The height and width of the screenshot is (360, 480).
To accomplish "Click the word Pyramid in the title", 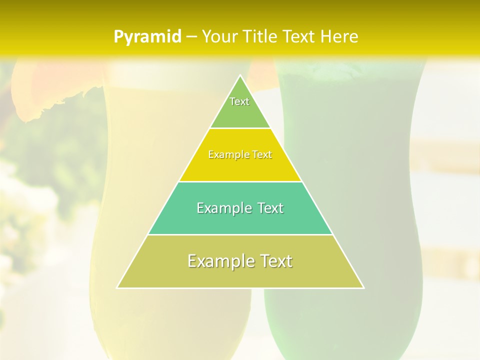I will pos(147,37).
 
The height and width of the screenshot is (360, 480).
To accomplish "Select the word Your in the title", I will pos(220,37).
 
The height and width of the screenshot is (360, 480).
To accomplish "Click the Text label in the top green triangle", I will pos(239,101).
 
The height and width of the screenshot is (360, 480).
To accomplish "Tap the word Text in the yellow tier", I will pos(262,155).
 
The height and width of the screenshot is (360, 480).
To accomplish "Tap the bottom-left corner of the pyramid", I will pos(117,287).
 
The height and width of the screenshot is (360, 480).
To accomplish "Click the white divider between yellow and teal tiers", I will pos(240,181).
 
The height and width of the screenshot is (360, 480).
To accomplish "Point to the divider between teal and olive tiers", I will pos(240,234).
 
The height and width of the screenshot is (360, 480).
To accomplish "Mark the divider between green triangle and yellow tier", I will pos(240,128).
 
